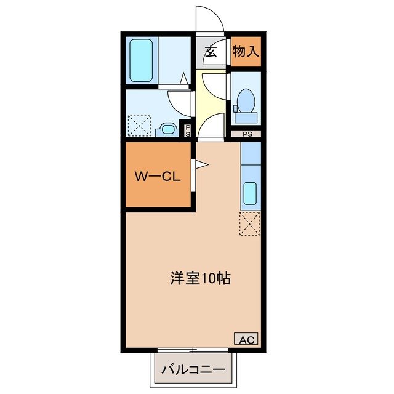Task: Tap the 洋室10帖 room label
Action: click(x=201, y=278)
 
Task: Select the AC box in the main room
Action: click(x=246, y=339)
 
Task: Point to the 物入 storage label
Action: click(x=246, y=52)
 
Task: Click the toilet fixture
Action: click(x=246, y=101)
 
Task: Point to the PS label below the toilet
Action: click(x=246, y=134)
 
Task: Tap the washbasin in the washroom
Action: click(x=166, y=129)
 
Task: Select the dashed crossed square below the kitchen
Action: click(x=251, y=223)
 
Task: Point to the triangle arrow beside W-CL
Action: click(x=201, y=164)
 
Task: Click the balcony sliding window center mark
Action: click(x=193, y=350)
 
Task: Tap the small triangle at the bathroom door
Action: click(x=183, y=78)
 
